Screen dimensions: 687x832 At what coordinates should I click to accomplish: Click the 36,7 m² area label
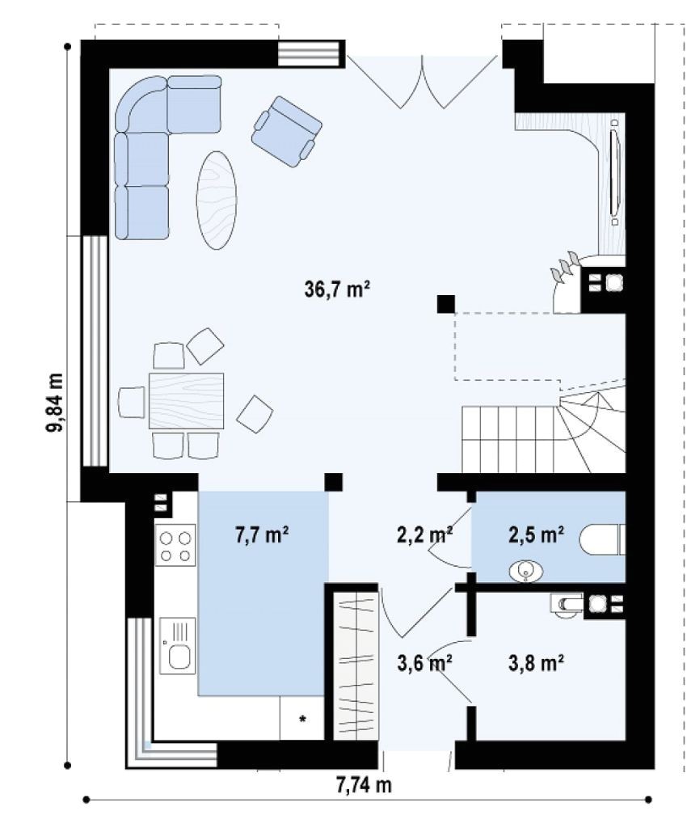point(337,289)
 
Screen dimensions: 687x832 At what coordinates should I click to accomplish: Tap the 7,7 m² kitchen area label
point(262,534)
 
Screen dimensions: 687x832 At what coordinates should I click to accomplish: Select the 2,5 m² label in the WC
point(536,534)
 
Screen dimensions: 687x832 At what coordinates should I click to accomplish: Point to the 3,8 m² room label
point(536,663)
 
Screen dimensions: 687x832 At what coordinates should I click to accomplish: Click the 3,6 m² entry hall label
point(424,663)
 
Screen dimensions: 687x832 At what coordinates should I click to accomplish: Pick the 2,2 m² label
point(424,534)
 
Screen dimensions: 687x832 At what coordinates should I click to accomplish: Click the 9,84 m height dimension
point(55,403)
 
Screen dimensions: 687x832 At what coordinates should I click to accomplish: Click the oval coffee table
point(217,200)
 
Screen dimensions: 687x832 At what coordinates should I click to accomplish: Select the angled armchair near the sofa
point(286,131)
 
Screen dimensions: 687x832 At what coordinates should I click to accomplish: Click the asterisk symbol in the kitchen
point(303,720)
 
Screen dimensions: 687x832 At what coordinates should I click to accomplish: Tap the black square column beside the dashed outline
point(445,303)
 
